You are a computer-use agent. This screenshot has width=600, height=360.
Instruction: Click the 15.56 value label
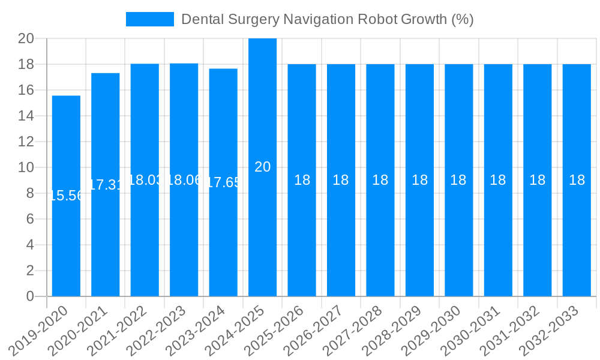point(66,196)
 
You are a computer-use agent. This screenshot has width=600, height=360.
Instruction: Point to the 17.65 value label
point(223,182)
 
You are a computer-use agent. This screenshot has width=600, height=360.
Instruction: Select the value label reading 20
point(262,167)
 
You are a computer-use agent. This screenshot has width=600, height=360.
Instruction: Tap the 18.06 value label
point(184,180)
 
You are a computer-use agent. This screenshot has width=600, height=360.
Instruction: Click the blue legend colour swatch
point(149,19)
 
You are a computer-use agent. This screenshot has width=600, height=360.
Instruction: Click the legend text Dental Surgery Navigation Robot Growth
point(328,19)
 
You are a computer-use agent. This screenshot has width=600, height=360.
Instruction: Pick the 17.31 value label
point(106,185)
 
